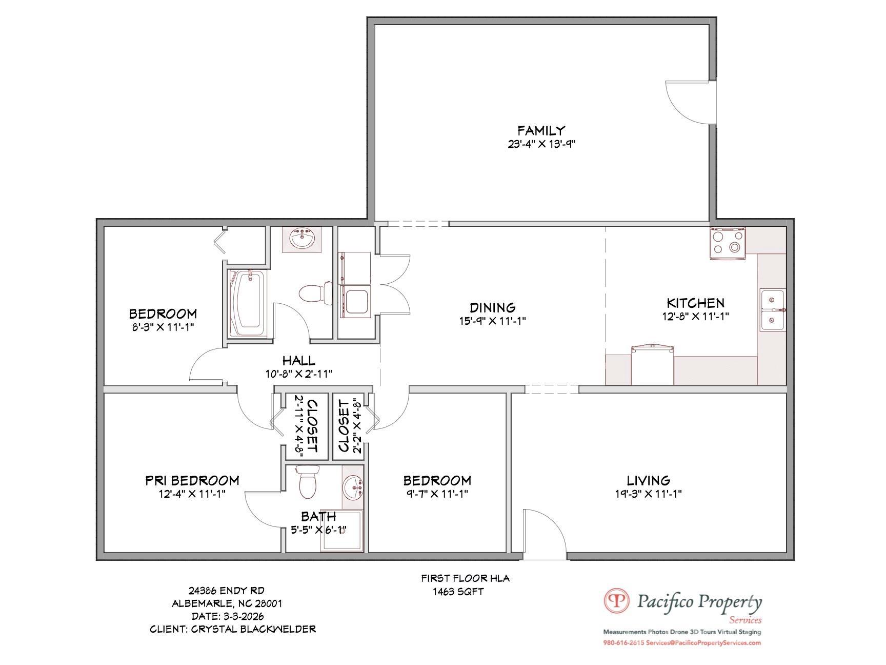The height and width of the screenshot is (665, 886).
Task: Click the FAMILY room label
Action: (x=541, y=130)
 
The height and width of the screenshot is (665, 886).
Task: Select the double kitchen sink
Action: (x=773, y=310)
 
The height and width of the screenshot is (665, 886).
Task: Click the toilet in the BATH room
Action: (x=308, y=482)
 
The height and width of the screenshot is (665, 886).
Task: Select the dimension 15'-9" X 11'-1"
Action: (x=492, y=321)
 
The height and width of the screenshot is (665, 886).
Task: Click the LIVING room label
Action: (x=648, y=481)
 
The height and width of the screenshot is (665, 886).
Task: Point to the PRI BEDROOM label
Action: (x=192, y=481)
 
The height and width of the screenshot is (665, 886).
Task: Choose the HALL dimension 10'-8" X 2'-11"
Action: (x=299, y=374)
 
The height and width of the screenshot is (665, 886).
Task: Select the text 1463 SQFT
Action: (x=458, y=592)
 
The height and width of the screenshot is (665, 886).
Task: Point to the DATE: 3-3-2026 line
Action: (x=228, y=616)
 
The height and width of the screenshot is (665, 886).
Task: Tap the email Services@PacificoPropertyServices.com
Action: (x=703, y=643)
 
